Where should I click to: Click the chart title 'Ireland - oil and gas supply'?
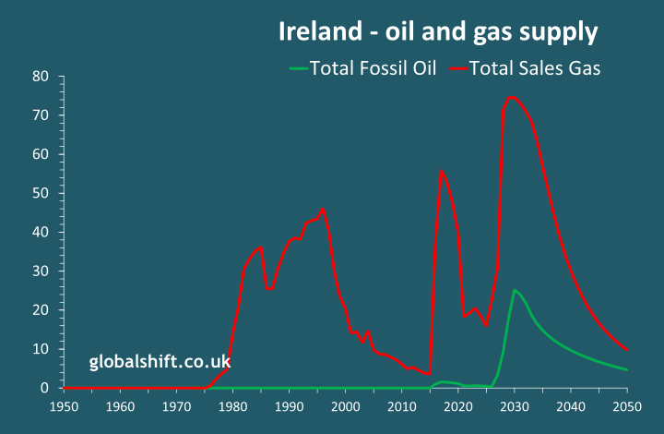[438, 32]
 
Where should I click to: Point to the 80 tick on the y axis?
[41, 76]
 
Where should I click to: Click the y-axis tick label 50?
[41, 193]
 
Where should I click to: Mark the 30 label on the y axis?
[41, 271]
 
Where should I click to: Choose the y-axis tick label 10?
[41, 349]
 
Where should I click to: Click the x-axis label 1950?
[64, 406]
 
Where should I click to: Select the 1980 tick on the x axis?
[232, 406]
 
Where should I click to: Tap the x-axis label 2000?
[345, 406]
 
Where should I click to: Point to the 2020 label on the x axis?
[457, 406]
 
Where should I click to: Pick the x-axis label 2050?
[627, 406]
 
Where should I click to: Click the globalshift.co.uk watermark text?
[160, 362]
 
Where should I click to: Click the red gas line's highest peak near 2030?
[512, 97]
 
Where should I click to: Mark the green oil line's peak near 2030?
[515, 291]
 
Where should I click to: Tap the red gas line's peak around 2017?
[442, 171]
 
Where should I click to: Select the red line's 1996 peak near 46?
[323, 210]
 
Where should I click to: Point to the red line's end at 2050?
[627, 349]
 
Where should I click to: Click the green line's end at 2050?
[627, 370]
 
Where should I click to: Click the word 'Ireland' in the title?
[316, 32]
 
